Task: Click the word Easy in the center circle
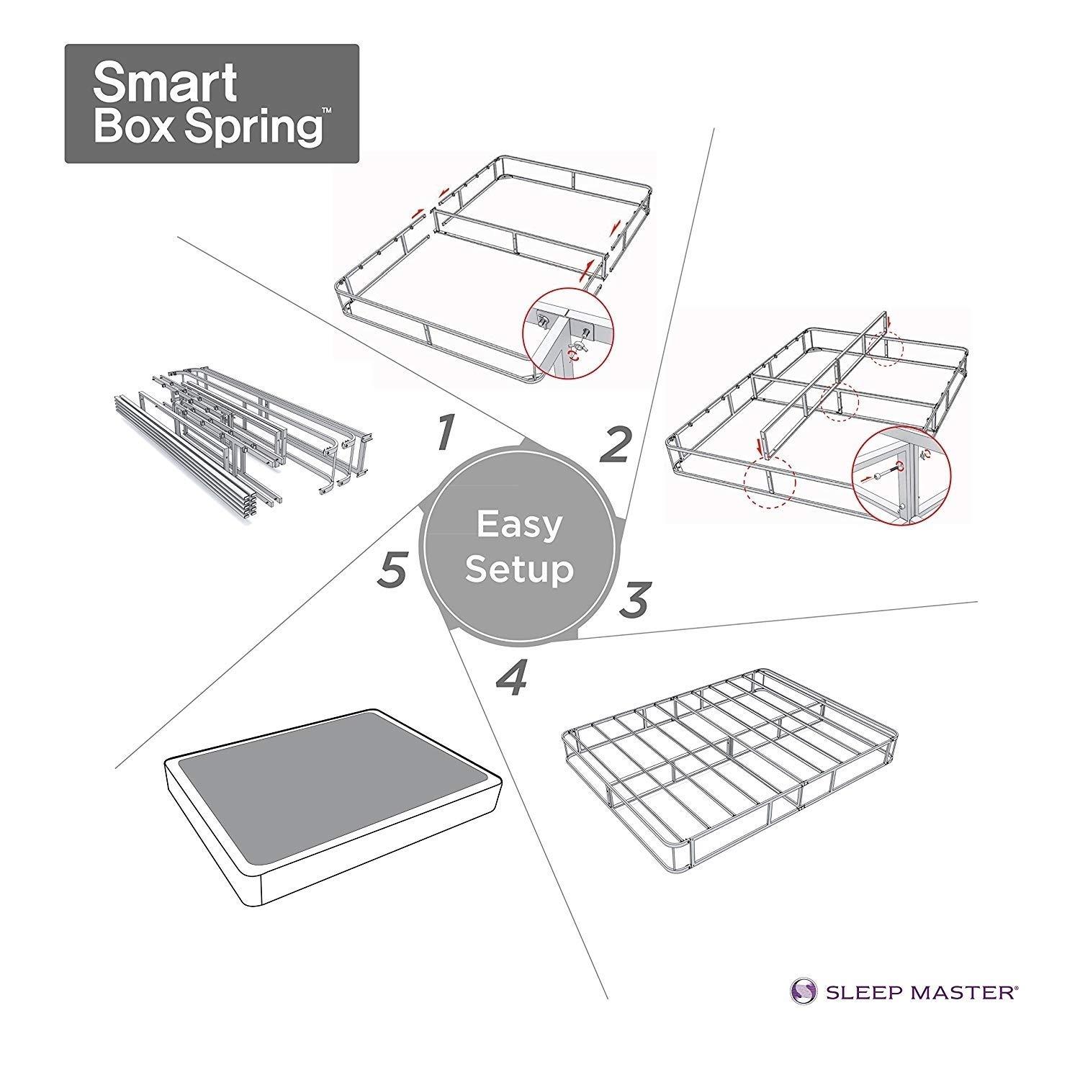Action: point(518,525)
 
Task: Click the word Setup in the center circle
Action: point(519,570)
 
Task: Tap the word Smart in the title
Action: point(166,84)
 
